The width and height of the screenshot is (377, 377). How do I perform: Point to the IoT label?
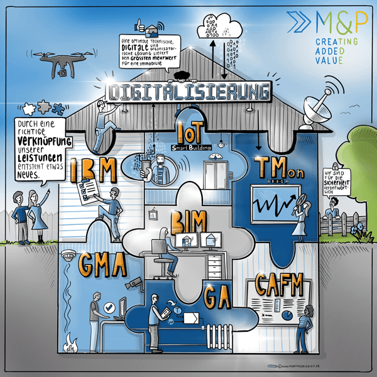pyautogui.click(x=193, y=133)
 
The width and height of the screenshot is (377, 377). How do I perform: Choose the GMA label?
pyautogui.click(x=104, y=267)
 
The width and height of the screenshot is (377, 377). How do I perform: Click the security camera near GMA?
pyautogui.click(x=134, y=284)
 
